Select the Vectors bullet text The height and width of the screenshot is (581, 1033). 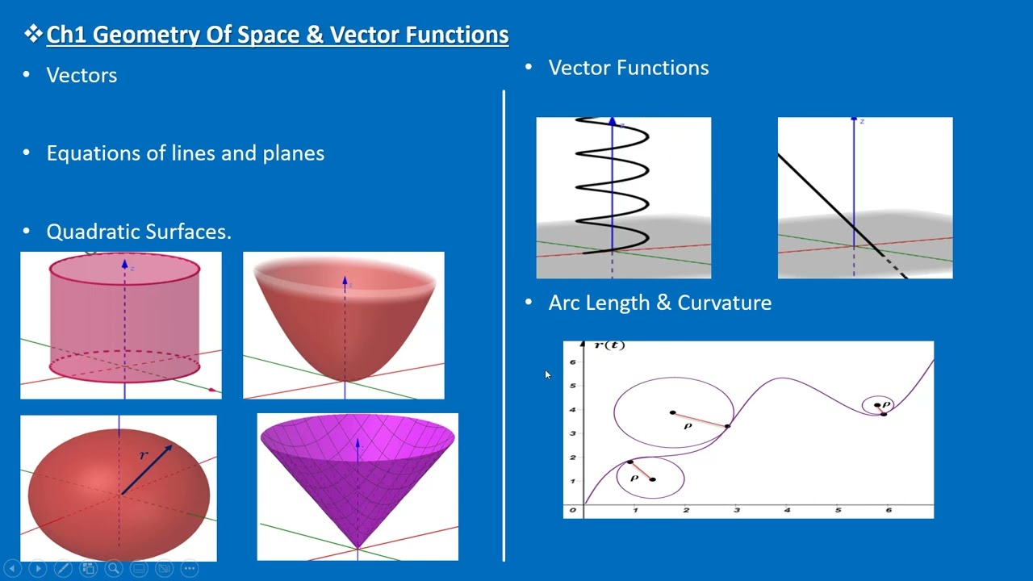[x=82, y=75]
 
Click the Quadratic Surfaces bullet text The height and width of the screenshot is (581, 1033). [x=138, y=232]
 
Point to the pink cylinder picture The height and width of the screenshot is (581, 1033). [x=121, y=325]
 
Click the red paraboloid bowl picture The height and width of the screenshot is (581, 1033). [x=343, y=325]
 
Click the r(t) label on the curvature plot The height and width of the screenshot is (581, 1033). [x=609, y=345]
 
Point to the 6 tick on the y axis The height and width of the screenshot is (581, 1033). [x=573, y=362]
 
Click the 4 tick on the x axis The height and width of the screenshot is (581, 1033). [x=786, y=510]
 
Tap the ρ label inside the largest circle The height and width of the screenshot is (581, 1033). [x=688, y=426]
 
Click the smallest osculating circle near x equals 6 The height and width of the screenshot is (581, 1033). [x=878, y=406]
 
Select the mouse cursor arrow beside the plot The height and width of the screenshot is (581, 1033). [x=548, y=375]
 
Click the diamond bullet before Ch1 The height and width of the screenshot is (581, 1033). [x=33, y=34]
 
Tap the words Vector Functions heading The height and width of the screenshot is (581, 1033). [x=628, y=68]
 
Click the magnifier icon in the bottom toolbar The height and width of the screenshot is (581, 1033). [x=113, y=568]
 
